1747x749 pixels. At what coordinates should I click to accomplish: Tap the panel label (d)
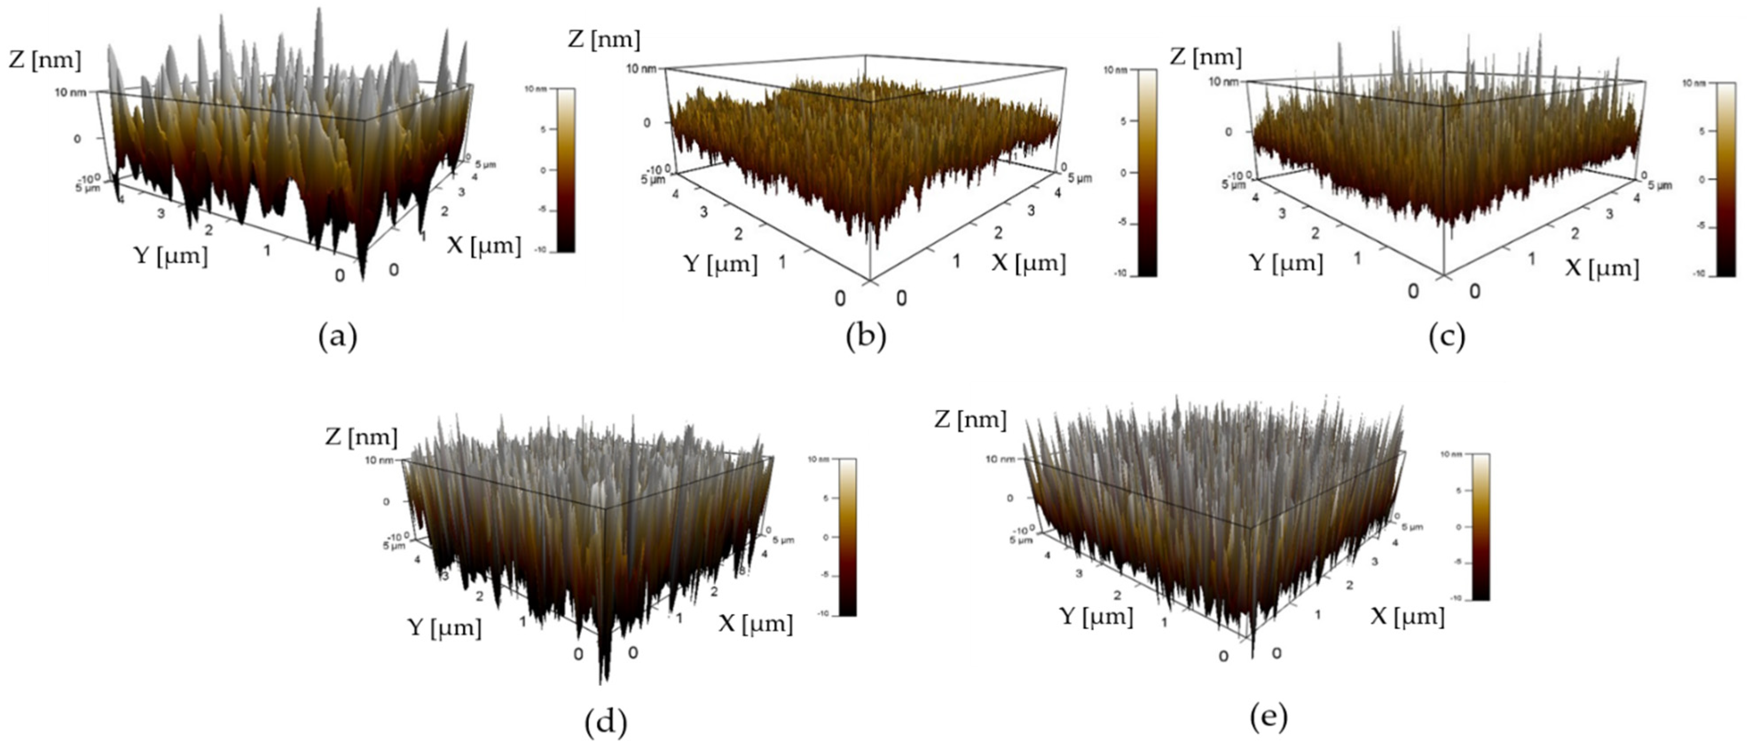pyautogui.click(x=605, y=722)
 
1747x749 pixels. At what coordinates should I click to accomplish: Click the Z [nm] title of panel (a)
pyautogui.click(x=45, y=60)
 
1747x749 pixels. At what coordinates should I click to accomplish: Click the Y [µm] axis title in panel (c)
pyautogui.click(x=1286, y=263)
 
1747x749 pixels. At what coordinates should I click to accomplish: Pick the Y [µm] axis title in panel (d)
pyautogui.click(x=445, y=627)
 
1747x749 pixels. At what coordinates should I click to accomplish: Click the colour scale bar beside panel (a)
pyautogui.click(x=565, y=170)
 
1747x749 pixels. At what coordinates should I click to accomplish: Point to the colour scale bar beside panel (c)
pyautogui.click(x=1726, y=179)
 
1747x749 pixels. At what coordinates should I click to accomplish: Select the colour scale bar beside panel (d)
pyautogui.click(x=848, y=536)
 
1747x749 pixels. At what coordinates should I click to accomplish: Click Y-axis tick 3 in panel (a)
pyautogui.click(x=161, y=214)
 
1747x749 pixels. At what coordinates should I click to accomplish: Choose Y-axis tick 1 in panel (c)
pyautogui.click(x=1357, y=258)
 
